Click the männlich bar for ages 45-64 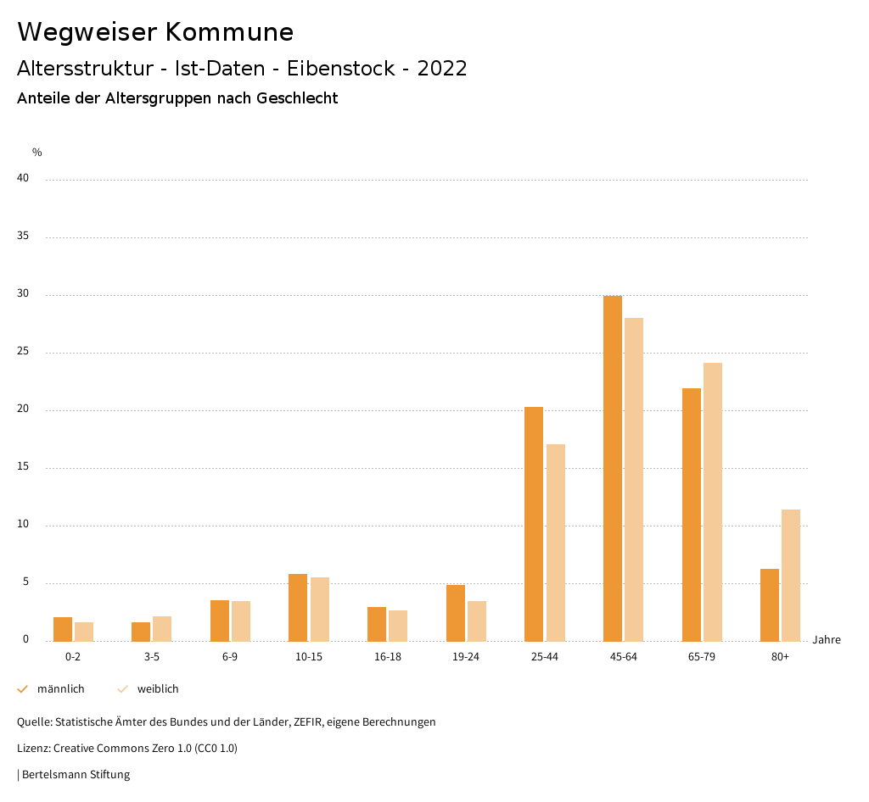[x=613, y=468]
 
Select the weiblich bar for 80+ [x=791, y=575]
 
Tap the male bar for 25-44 [x=534, y=524]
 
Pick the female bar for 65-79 [x=713, y=502]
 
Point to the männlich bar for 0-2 [x=63, y=629]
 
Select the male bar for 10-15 [x=298, y=607]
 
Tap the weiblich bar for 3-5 [x=162, y=628]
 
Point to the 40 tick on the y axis [x=23, y=179]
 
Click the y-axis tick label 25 [x=23, y=352]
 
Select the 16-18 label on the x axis [x=388, y=657]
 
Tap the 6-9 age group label [x=230, y=657]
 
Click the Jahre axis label [x=827, y=640]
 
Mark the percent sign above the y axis [x=37, y=153]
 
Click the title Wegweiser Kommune [x=155, y=32]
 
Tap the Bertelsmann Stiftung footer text [x=76, y=775]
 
